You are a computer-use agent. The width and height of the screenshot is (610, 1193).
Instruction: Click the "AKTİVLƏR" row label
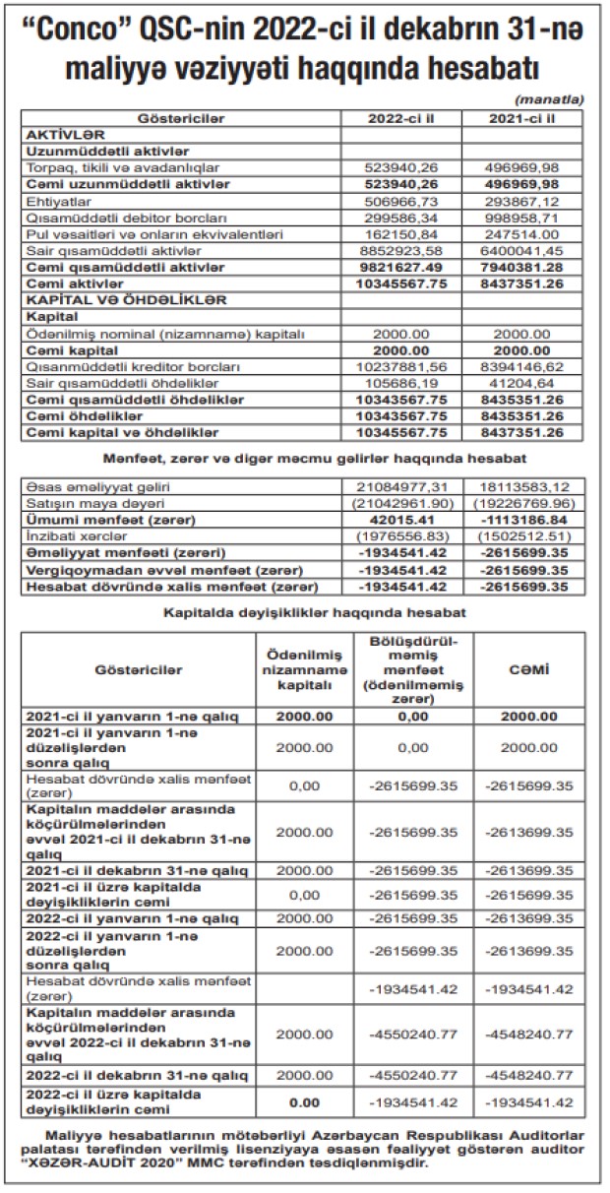click(62, 135)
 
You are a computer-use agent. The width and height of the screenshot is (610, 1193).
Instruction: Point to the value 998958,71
click(522, 218)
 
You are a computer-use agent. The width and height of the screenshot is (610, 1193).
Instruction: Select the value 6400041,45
click(522, 251)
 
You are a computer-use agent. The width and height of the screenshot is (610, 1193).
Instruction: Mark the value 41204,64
click(522, 383)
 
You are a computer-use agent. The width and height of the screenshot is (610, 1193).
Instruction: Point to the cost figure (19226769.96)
click(522, 503)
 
